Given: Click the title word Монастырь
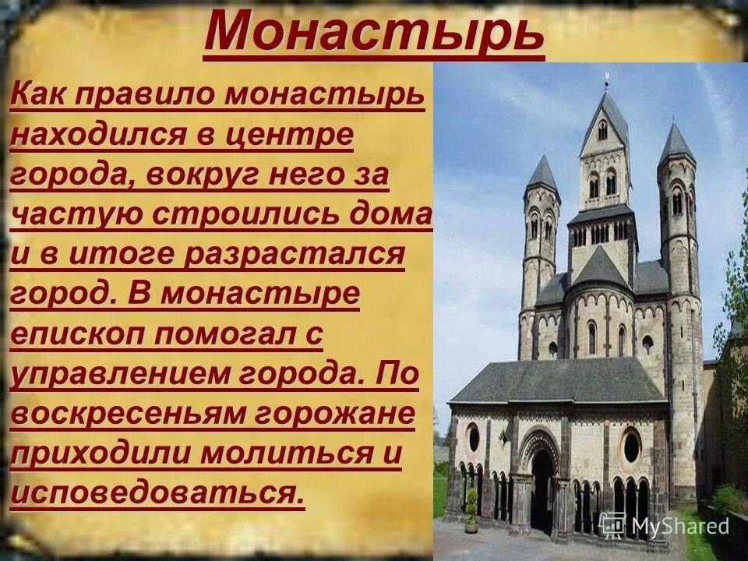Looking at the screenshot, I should [374, 33].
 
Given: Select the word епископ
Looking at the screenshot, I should [77, 336].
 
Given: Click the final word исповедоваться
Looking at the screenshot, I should [156, 494].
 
